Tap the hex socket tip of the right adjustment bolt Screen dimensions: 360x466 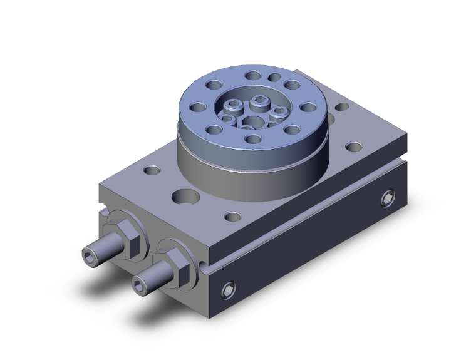pyautogui.click(x=138, y=285)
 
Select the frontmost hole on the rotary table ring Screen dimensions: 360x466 pyautogui.click(x=252, y=139)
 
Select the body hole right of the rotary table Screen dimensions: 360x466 pyautogui.click(x=355, y=148)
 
